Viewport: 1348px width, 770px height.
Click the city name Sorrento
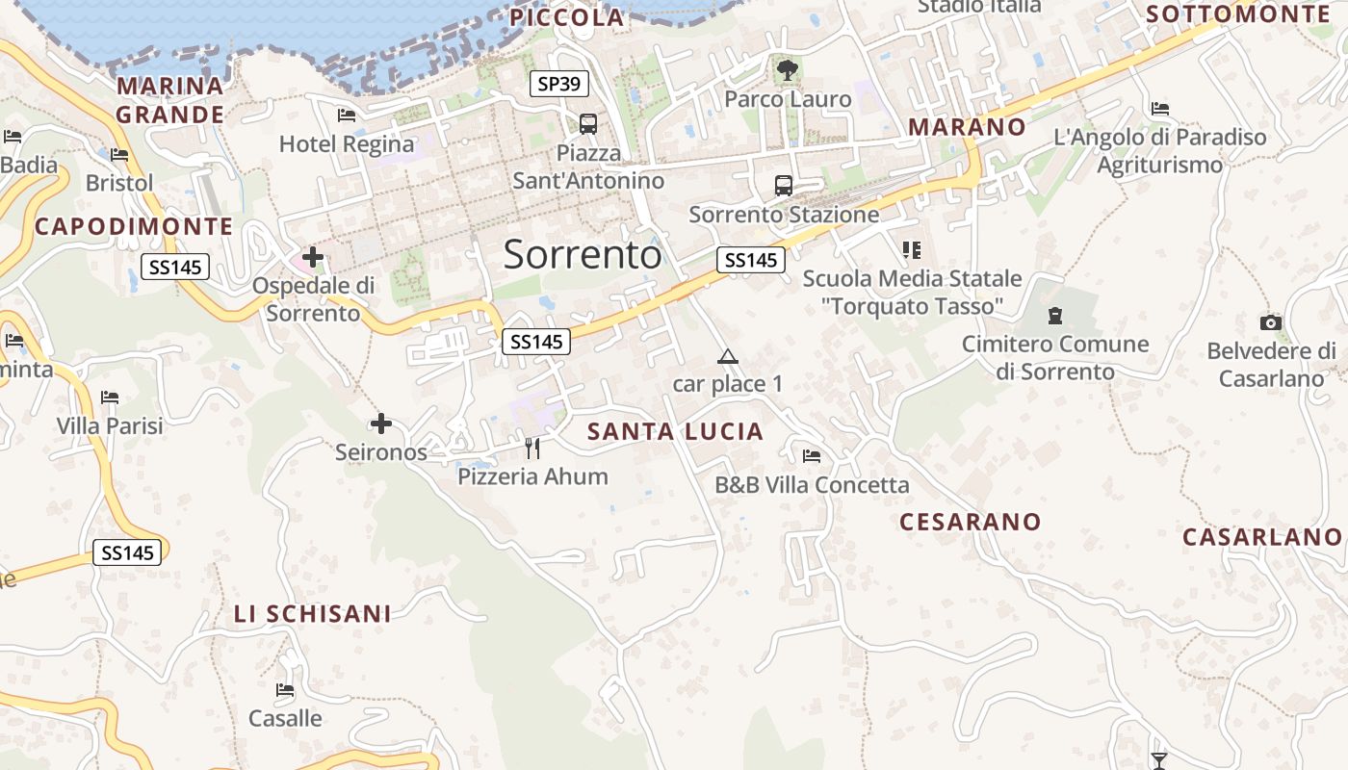click(583, 254)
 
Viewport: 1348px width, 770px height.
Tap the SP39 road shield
click(559, 84)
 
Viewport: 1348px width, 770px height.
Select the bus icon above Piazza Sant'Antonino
click(588, 124)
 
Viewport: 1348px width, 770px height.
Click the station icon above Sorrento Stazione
click(784, 186)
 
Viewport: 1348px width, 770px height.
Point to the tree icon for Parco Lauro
click(788, 69)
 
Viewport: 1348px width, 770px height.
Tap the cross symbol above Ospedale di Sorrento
click(313, 257)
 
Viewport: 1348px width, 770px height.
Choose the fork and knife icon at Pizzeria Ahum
click(532, 448)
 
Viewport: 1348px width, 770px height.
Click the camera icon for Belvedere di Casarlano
click(1271, 323)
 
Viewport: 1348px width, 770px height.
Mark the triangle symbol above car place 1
click(728, 357)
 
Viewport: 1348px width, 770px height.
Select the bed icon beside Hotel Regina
click(347, 115)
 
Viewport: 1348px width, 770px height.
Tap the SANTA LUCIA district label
click(675, 432)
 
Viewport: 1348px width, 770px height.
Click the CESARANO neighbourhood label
click(970, 522)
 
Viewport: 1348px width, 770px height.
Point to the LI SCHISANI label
click(313, 613)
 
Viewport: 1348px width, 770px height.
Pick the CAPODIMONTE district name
click(134, 227)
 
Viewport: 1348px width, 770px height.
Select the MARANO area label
click(967, 127)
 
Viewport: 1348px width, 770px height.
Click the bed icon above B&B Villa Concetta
click(812, 456)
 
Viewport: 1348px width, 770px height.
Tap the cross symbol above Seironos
click(381, 423)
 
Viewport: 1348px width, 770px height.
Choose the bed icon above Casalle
click(285, 690)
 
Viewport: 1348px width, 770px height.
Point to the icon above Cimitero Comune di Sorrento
click(1055, 316)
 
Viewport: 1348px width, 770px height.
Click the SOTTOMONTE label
click(1238, 13)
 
